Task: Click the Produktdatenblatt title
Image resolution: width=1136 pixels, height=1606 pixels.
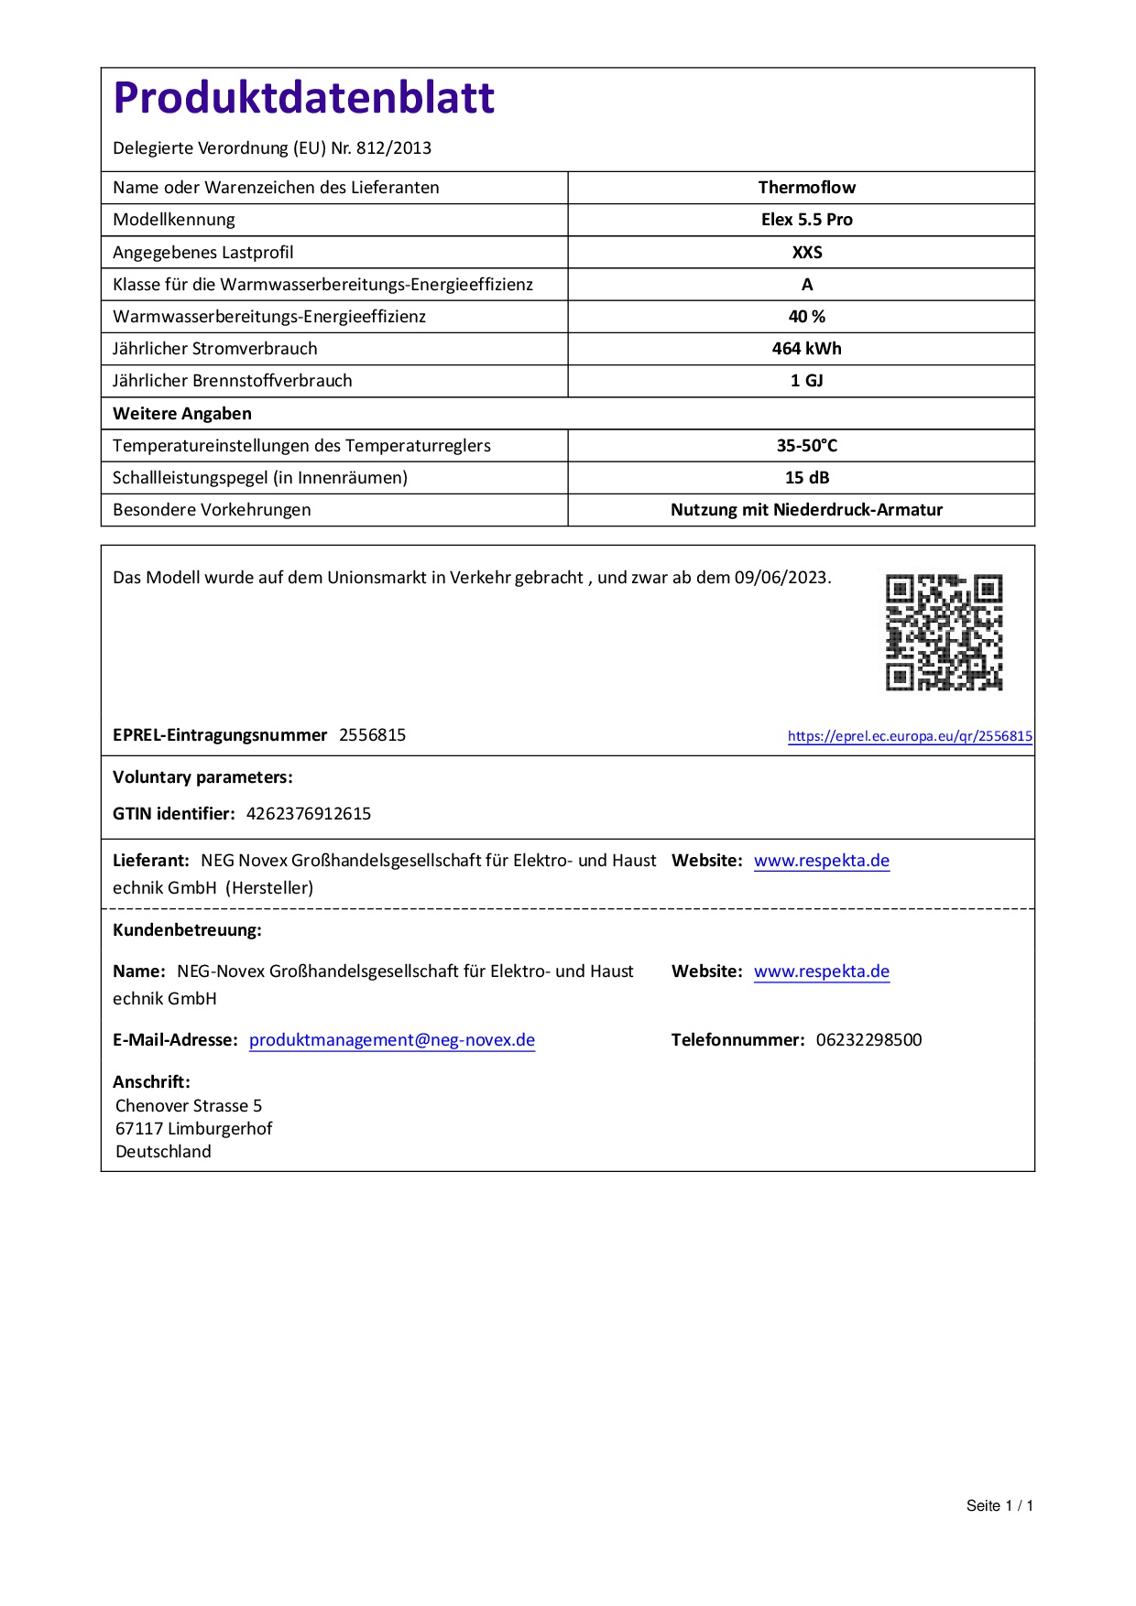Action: coord(303,98)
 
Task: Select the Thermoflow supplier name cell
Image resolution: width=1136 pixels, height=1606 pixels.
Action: coord(806,188)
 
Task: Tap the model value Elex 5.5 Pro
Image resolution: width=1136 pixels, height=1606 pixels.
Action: coord(806,220)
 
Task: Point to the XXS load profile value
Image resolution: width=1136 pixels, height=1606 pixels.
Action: coord(806,253)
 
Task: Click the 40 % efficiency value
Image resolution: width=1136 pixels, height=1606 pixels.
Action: coord(806,317)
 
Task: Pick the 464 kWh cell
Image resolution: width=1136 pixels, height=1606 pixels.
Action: coord(806,349)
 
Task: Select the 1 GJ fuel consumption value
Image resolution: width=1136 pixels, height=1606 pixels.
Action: coord(806,381)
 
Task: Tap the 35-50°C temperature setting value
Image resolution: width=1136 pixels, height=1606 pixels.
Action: coord(806,446)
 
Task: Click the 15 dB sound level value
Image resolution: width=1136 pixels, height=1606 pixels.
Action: coord(806,478)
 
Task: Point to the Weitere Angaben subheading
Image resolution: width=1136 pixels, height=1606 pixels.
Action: coord(182,414)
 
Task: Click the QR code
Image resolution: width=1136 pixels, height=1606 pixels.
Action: coord(944,632)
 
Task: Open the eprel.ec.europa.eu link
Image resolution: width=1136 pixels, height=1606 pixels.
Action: coord(910,736)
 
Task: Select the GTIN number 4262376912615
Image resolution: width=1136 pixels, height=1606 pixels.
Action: coord(309,814)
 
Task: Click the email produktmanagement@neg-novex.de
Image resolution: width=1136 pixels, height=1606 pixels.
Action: coord(392,1040)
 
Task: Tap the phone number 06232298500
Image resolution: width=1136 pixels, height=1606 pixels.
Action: coord(868,1040)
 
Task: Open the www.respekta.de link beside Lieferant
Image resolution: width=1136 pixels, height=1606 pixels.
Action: coord(822,861)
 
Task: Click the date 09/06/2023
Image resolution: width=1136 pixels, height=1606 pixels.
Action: coord(781,578)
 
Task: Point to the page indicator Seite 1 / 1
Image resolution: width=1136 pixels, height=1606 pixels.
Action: coord(999,1506)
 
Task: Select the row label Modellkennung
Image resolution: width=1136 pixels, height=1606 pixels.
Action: coord(174,220)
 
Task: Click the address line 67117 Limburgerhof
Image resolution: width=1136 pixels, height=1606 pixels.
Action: coord(194,1129)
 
